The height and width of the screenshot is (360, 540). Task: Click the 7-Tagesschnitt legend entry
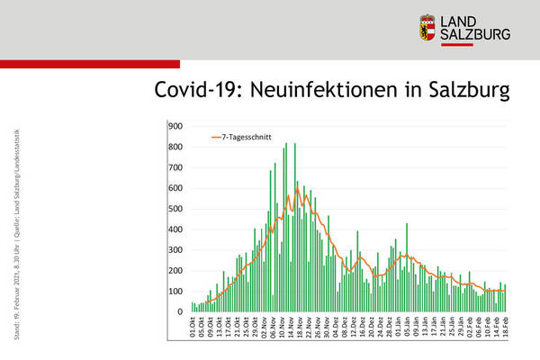click(238, 137)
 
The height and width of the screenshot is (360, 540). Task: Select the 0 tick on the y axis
click(180, 312)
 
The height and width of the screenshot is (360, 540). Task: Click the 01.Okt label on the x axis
click(193, 327)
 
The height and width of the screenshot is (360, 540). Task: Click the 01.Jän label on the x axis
click(398, 327)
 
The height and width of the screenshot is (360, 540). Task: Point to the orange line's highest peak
click(297, 188)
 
